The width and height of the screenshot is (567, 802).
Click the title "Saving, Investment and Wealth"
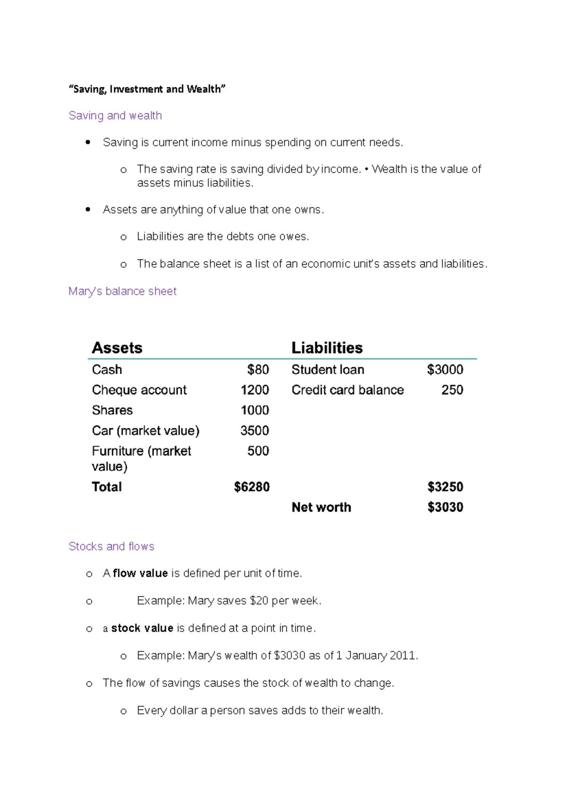point(147,89)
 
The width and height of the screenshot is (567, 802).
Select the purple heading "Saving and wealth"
point(115,116)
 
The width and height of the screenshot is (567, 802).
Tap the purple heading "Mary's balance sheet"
point(122,291)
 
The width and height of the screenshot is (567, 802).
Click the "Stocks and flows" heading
point(111,546)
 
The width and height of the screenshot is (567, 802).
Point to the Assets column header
point(117,348)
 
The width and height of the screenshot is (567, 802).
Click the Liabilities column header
point(327,348)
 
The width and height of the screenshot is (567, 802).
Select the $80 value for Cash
point(258,370)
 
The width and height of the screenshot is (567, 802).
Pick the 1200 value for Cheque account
point(255,390)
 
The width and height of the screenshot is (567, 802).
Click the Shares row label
point(112,410)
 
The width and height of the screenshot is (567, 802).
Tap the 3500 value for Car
point(255,431)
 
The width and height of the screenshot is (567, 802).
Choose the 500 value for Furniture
point(258,451)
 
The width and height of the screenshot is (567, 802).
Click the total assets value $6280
point(252,487)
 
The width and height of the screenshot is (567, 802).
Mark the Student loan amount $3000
point(445,370)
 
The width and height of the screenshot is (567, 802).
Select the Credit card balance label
point(348,390)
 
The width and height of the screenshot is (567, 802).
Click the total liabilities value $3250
point(445,487)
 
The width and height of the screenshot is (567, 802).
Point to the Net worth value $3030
point(445,507)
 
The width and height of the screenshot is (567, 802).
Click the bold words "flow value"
point(140,573)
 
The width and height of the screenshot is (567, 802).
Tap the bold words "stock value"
point(142,629)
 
